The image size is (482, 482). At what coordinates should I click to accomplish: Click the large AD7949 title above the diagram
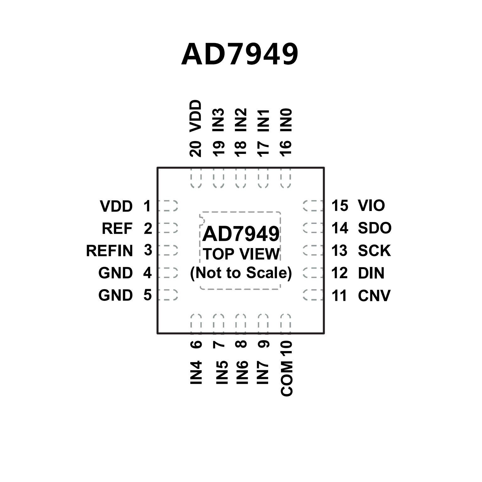tap(240, 54)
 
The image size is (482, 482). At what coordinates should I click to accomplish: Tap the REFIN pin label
tap(110, 251)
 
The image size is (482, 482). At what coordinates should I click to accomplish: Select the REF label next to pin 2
tap(117, 228)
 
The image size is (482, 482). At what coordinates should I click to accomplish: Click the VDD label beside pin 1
tap(116, 206)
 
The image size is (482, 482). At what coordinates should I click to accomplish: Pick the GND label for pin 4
tap(116, 273)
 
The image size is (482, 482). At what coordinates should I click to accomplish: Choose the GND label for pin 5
tap(116, 295)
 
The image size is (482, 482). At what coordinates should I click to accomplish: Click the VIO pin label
tap(371, 206)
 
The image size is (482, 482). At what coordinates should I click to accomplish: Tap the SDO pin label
tap(375, 228)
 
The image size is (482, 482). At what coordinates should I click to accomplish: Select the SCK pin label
tap(374, 251)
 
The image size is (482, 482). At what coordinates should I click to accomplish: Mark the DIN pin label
tap(371, 273)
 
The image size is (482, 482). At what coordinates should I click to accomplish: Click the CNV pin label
tap(374, 295)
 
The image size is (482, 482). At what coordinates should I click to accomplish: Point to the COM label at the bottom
tap(287, 378)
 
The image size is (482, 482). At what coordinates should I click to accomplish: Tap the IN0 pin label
tap(286, 120)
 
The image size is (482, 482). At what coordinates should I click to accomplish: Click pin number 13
tap(339, 251)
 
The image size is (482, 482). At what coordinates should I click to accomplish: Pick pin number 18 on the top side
tap(241, 149)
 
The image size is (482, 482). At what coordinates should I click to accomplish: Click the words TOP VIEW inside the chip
tap(241, 254)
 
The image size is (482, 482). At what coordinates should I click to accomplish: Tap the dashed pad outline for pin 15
tap(313, 206)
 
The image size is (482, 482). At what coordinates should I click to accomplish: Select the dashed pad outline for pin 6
tap(196, 322)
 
